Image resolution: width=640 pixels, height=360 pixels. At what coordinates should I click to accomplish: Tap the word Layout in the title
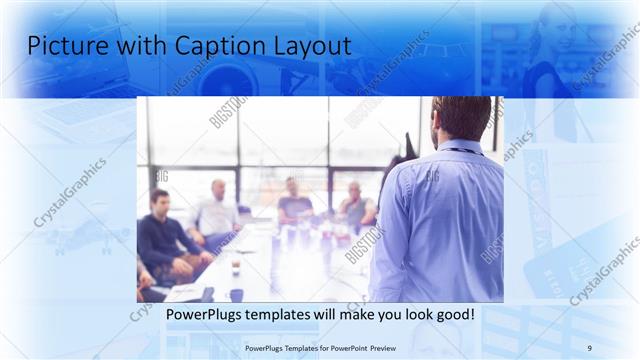[310, 46]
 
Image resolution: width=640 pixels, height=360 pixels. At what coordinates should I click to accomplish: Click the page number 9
[589, 348]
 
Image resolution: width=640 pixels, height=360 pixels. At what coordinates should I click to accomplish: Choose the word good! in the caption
[452, 314]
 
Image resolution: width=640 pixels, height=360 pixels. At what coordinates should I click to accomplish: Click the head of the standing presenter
[461, 117]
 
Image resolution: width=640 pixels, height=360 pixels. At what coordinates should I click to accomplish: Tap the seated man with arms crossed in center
[295, 203]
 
